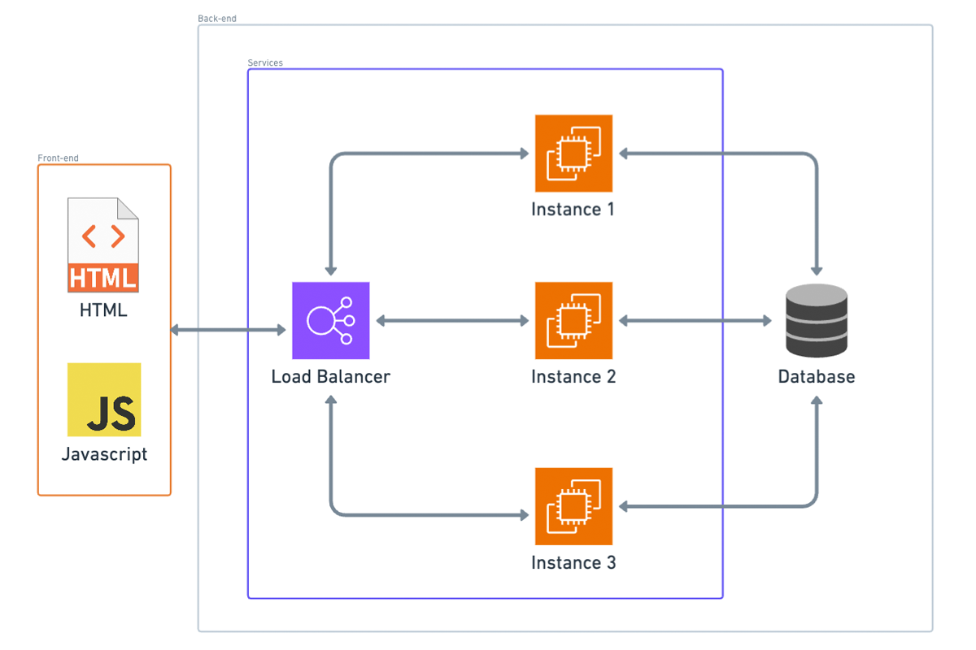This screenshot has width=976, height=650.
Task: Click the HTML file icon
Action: click(x=103, y=245)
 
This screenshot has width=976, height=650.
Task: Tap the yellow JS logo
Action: click(x=104, y=400)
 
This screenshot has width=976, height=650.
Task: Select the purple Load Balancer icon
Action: click(x=331, y=321)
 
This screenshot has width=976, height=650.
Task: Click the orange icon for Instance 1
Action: click(x=573, y=153)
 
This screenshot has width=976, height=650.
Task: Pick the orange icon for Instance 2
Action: click(x=573, y=321)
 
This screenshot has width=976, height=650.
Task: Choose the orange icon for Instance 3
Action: click(x=573, y=506)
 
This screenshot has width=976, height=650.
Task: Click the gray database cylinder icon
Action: click(x=817, y=320)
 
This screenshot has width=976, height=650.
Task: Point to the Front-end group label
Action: click(x=59, y=158)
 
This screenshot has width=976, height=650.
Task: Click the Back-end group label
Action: click(x=217, y=19)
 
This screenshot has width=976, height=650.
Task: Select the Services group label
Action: click(x=265, y=63)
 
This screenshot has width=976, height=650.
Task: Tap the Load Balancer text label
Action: click(x=331, y=377)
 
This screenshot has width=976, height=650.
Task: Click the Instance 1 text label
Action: click(x=573, y=210)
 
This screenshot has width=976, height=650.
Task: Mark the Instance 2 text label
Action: click(x=573, y=377)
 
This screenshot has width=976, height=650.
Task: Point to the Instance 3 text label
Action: click(x=573, y=563)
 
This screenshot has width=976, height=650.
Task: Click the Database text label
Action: click(x=817, y=377)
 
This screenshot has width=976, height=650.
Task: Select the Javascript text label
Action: click(x=104, y=454)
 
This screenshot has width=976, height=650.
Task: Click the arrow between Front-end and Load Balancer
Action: click(x=229, y=330)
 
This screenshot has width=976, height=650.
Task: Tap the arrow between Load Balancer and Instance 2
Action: click(x=452, y=321)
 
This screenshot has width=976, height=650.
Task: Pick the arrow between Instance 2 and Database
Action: click(x=695, y=321)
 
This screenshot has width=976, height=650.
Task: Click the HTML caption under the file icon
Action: click(x=103, y=310)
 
